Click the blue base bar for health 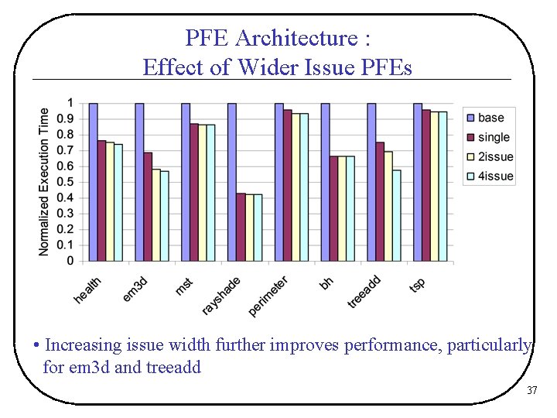pos(93,182)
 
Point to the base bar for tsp pos(418,182)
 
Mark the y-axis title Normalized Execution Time pos(44,181)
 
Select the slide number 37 pos(531,391)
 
